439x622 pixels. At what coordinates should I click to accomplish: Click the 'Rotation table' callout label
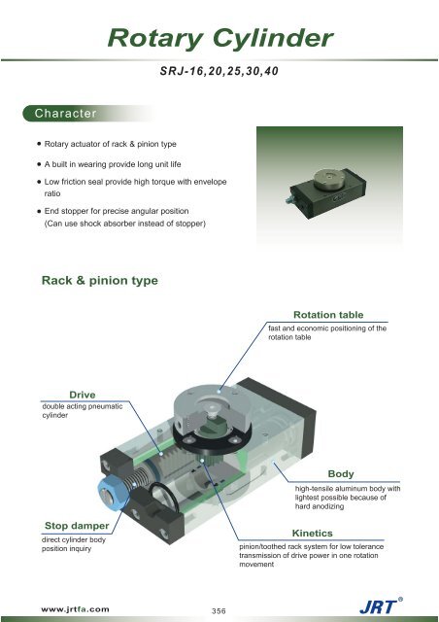click(327, 315)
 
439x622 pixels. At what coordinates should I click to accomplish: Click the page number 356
click(219, 610)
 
